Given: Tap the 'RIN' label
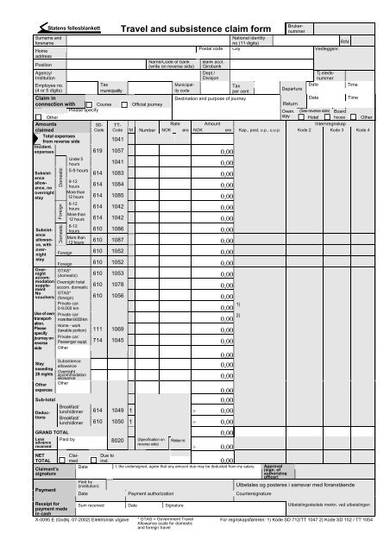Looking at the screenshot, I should tap(344, 41).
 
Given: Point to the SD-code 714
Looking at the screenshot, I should tap(99, 340).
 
